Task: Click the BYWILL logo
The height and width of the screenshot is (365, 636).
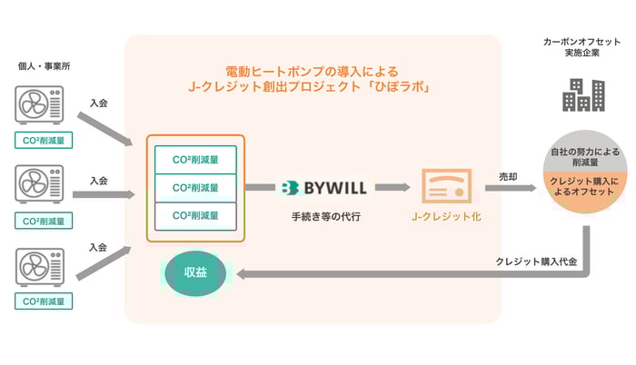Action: pyautogui.click(x=323, y=188)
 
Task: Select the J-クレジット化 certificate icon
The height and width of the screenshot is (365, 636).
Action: pyautogui.click(x=444, y=189)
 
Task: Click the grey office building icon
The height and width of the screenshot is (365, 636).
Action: pyautogui.click(x=582, y=94)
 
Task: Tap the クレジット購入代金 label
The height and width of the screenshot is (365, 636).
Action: pyautogui.click(x=532, y=261)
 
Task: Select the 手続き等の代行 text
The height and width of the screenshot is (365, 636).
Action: pyautogui.click(x=323, y=217)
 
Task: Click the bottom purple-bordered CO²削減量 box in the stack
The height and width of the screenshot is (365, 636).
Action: pyautogui.click(x=195, y=216)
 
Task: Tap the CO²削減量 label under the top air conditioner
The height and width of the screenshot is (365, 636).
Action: pyautogui.click(x=44, y=140)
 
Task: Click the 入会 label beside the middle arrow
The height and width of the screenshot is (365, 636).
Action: pyautogui.click(x=99, y=181)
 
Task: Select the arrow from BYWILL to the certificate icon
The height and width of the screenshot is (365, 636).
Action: pyautogui.click(x=392, y=188)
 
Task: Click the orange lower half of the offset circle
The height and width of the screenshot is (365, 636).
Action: pyautogui.click(x=582, y=192)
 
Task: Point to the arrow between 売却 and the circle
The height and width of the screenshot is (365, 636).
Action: pyautogui.click(x=516, y=189)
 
